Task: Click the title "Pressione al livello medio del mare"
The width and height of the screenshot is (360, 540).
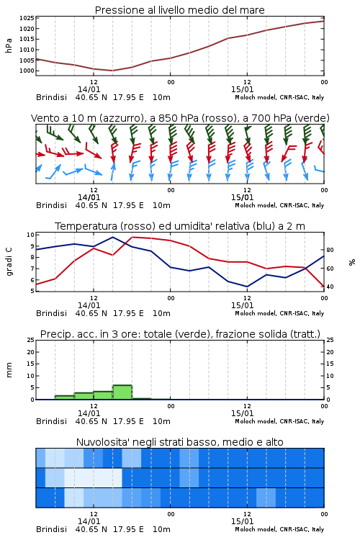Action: pos(179,10)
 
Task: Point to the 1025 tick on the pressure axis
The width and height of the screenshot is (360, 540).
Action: pos(27,18)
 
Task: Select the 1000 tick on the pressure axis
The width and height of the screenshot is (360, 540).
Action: pos(27,71)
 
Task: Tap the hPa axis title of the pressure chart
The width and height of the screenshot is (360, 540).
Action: pos(9,45)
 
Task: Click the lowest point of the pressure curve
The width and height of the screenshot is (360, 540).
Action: pos(112,71)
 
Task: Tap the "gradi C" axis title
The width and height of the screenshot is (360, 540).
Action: pos(9,262)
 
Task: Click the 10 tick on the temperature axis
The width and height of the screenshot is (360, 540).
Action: pos(30,235)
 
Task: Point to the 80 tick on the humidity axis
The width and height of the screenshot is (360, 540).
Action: pos(330,250)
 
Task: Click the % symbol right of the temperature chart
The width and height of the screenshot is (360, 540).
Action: pos(352,262)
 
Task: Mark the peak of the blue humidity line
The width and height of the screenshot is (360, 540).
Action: pos(112,237)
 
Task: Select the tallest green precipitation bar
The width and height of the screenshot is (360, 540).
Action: pos(122,392)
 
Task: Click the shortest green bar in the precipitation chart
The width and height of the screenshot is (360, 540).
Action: pos(142,399)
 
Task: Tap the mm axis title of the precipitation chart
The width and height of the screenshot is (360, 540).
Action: pos(9,370)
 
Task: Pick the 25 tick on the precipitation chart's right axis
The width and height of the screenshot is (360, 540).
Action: pos(330,340)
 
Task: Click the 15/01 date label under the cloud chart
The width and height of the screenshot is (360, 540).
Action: pos(242,521)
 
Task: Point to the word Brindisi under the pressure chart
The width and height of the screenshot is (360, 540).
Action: pos(51,97)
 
